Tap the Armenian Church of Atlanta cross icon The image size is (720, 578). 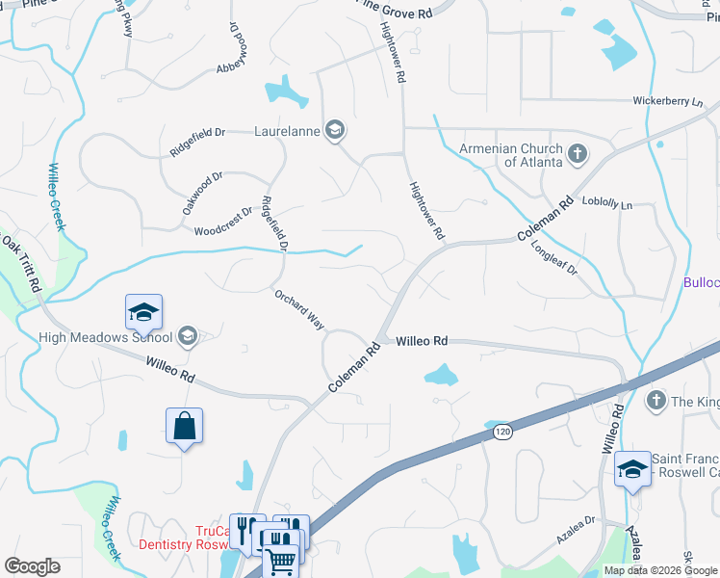click(x=577, y=154)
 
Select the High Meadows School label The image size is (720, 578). click(x=105, y=337)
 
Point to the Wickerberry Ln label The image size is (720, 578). click(x=668, y=101)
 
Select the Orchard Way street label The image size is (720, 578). click(x=298, y=309)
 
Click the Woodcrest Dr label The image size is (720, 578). click(x=222, y=222)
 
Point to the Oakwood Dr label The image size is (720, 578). click(x=201, y=193)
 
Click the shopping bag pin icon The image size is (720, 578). click(x=184, y=426)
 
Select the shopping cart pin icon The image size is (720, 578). click(x=281, y=559)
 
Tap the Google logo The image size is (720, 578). click(x=32, y=566)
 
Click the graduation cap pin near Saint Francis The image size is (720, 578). click(x=632, y=469)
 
